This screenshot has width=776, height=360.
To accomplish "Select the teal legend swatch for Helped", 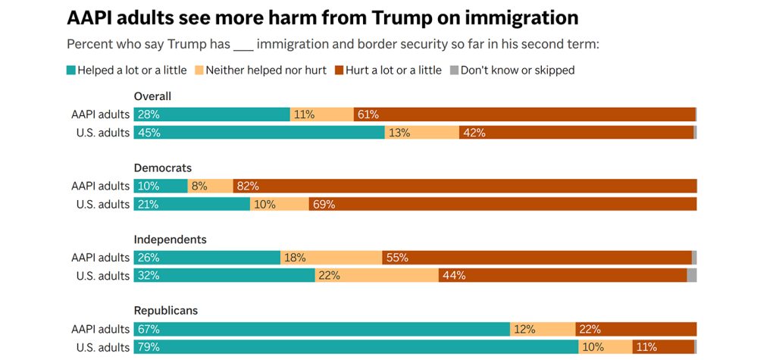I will point(71,70).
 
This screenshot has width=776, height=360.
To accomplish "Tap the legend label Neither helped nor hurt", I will point(267,70).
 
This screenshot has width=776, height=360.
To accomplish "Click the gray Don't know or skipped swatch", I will point(455,70).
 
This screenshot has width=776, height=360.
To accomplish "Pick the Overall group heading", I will point(152,96).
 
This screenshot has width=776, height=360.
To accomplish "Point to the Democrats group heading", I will point(163,167).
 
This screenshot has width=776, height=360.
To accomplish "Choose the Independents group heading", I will point(170,239).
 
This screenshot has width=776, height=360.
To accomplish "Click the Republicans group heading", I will point(167,311).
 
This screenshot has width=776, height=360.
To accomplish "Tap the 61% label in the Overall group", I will point(368,115).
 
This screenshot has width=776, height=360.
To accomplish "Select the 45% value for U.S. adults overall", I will point(149,133).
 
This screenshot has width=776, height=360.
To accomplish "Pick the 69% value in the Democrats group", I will point(323,205).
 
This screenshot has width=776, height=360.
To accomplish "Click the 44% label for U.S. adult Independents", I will point(454,276).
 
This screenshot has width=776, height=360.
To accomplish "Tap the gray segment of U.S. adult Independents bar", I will point(691,276).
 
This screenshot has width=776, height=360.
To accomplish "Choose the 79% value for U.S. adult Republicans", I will point(149,347).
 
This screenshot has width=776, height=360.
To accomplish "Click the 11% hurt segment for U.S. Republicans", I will point(647,347).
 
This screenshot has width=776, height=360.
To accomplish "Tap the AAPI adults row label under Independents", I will point(101,258).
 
